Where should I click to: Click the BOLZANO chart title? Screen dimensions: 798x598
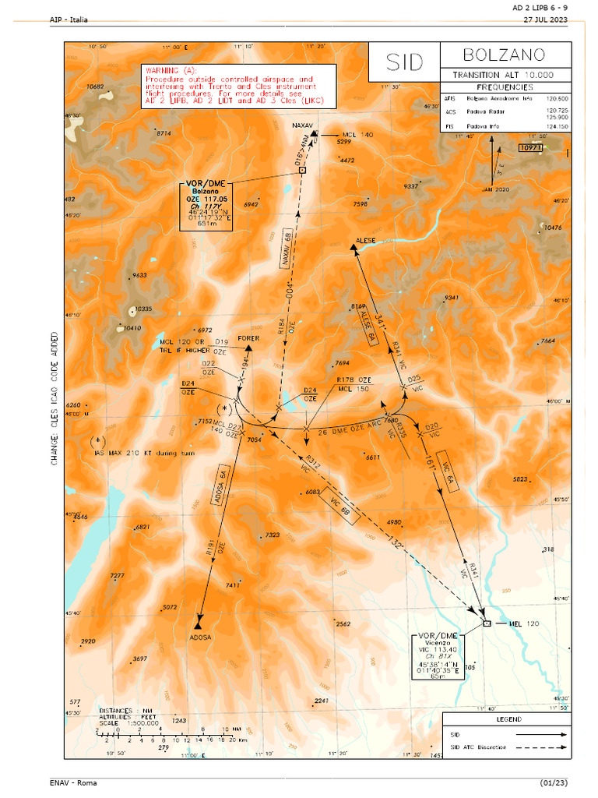click(504, 55)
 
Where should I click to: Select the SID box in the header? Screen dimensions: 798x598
click(403, 62)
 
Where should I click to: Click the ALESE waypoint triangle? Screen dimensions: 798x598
click(354, 248)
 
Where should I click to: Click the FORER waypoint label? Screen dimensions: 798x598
click(248, 338)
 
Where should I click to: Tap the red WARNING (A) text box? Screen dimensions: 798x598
click(238, 86)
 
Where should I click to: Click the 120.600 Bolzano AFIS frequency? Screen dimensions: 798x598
click(557, 99)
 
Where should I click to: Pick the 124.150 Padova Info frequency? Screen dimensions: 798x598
click(557, 125)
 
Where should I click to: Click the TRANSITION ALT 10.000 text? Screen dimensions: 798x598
click(505, 75)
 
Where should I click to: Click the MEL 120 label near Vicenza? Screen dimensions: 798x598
click(523, 623)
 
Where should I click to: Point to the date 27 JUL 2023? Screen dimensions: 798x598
click(545, 19)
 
